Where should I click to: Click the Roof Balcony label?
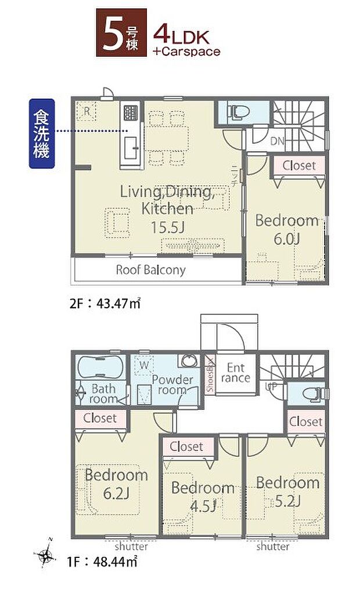coord(150,270)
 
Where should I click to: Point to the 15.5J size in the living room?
coord(168,226)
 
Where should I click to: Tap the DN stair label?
coord(277,140)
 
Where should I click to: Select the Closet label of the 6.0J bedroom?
coord(299,165)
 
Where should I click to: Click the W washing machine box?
coord(143,366)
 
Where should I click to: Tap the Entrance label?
coord(236,373)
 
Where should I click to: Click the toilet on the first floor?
coord(307,393)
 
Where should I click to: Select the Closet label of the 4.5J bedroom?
coord(187,446)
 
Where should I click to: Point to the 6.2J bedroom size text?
coord(116,494)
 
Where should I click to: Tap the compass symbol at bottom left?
coord(45,557)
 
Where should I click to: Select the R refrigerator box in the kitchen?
coord(87,110)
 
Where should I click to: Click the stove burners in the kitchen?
coord(130,111)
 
